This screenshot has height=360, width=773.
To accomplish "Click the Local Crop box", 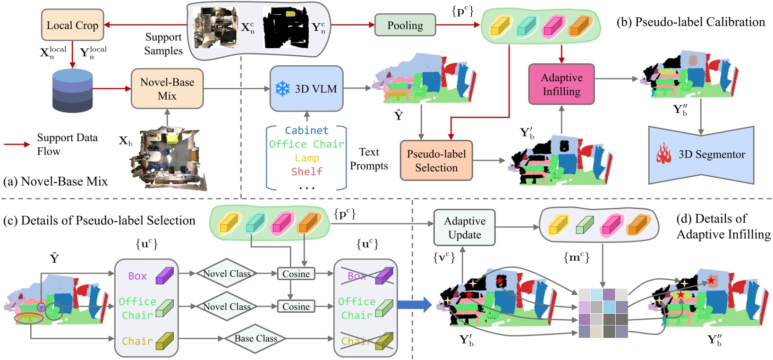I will (72, 25).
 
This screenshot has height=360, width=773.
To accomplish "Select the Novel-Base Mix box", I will (167, 89).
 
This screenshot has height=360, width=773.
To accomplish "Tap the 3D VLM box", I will (306, 89).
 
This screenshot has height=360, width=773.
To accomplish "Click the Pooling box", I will (405, 26).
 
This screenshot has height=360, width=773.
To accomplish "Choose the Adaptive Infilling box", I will (561, 85).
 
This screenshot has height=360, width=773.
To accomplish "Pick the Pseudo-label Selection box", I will (436, 161).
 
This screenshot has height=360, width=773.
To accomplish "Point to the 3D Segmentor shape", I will (701, 155).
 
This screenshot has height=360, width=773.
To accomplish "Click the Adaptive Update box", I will (465, 228).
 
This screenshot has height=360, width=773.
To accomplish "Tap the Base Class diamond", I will (255, 338).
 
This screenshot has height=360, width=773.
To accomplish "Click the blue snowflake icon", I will (282, 89).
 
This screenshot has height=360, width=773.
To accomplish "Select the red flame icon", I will (663, 154).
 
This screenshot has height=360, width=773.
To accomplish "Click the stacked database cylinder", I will (72, 91).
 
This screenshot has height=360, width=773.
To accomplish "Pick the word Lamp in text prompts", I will (307, 158).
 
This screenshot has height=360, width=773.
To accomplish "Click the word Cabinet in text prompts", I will (306, 130).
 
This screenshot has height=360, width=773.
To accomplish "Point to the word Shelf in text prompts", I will (307, 171).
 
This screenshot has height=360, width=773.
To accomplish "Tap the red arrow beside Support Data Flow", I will (17, 144).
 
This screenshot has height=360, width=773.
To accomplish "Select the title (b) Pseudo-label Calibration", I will (691, 22).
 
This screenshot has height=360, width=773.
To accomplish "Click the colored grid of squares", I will (603, 313).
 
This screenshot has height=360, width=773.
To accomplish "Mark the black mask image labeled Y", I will (285, 27).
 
